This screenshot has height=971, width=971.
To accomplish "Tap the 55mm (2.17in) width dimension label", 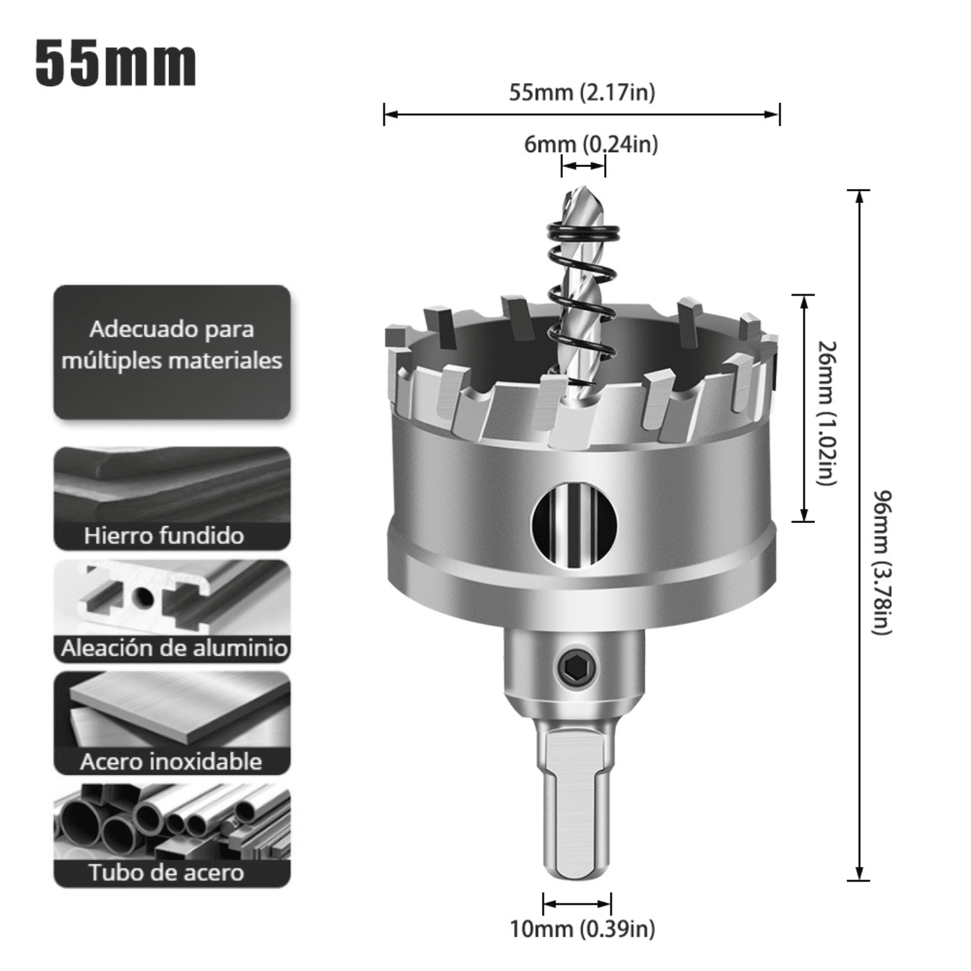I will [581, 93].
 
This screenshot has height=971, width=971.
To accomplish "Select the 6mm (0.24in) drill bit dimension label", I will [590, 144].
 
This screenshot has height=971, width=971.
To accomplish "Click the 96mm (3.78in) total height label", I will [882, 562].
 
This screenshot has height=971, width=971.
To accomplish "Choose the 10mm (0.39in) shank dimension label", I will [581, 929].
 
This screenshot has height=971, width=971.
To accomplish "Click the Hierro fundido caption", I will [164, 536].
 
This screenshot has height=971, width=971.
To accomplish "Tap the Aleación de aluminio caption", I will [173, 648].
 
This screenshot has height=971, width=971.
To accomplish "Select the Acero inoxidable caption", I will [171, 761].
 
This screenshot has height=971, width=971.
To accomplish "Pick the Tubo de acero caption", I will [166, 873].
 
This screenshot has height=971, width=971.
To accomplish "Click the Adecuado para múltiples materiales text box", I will [172, 345].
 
